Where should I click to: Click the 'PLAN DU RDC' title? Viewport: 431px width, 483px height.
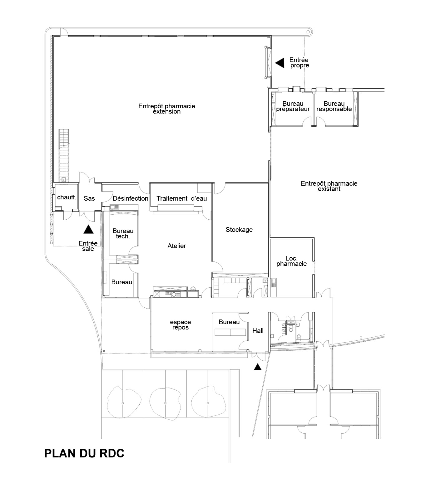point(84,453)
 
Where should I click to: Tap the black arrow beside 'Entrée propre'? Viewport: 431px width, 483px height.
point(280,63)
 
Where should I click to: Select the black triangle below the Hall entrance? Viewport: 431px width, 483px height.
point(257,367)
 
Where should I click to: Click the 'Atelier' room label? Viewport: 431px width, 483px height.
point(176,246)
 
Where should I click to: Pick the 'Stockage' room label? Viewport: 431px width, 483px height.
point(239,230)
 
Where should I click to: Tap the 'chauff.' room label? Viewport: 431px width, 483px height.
point(67,197)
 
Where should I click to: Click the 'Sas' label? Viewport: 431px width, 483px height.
point(89,198)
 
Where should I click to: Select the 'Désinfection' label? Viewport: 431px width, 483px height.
point(131,198)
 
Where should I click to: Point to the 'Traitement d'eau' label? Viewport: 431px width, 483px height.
point(181,198)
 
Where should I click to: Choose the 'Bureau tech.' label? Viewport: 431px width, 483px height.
point(123,233)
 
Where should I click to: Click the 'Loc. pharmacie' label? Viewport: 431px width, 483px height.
point(292,261)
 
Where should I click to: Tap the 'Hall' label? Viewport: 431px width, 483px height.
point(258,331)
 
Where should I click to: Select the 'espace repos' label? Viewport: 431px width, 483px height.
point(181,325)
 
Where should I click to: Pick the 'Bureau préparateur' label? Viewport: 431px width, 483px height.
point(293,106)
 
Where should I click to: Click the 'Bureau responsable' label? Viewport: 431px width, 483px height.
point(334,106)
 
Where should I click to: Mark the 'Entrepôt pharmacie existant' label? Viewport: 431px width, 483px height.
point(329,186)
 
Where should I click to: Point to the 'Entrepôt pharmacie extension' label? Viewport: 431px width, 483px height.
point(167,109)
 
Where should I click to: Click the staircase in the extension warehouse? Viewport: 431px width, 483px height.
point(64,155)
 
